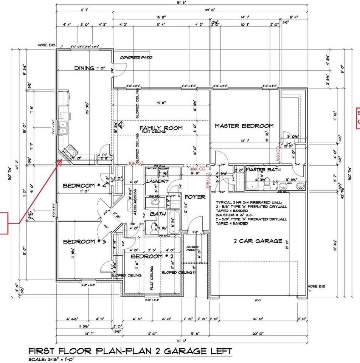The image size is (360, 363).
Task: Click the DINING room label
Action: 84,68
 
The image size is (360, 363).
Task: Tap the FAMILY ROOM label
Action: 161,128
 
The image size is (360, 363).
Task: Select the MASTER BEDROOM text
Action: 244,126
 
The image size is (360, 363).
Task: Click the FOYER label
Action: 195,197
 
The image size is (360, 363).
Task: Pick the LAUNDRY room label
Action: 157,181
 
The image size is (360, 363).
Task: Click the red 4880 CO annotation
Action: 197,168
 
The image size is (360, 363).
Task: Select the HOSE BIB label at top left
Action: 46,45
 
